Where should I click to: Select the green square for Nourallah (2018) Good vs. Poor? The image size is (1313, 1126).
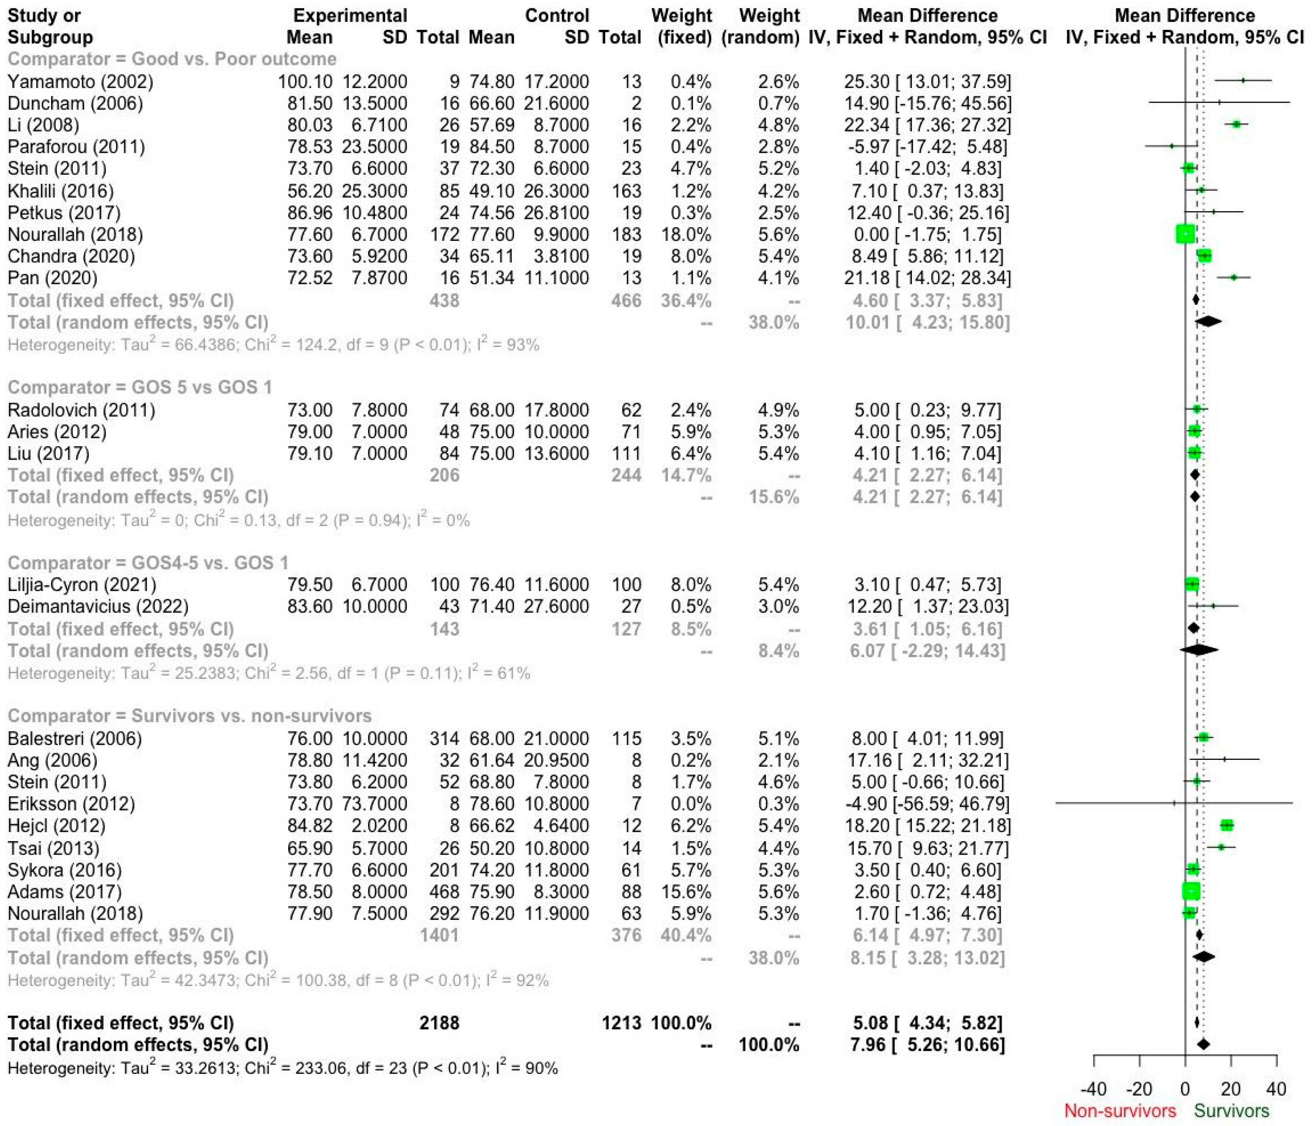click(x=1185, y=234)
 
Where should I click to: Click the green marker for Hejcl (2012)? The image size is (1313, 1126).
click(x=1227, y=825)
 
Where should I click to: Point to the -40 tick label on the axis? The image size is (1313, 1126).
click(x=1093, y=1089)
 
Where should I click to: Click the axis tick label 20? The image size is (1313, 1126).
click(x=1231, y=1089)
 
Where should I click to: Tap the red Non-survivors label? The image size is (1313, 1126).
click(x=1120, y=1111)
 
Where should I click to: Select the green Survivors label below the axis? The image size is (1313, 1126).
click(x=1231, y=1111)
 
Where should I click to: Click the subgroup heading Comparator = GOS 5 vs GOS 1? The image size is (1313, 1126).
click(x=139, y=388)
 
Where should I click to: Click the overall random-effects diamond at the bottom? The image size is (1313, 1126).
click(x=1203, y=1044)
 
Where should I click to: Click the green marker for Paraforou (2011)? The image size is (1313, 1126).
click(x=1171, y=146)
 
